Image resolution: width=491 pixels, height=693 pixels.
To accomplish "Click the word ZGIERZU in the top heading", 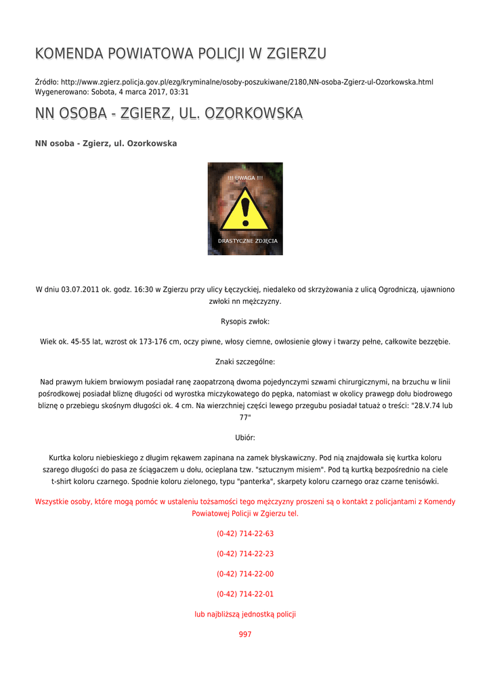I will pyautogui.click(x=297, y=53).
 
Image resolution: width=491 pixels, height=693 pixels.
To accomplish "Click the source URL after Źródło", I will pyautogui.click(x=247, y=82).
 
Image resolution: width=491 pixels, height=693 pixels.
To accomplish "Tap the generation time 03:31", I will pyautogui.click(x=179, y=92).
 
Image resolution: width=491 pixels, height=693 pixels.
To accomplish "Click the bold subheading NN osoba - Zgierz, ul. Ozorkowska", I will pyautogui.click(x=106, y=143).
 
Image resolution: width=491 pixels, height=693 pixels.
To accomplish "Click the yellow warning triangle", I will pyautogui.click(x=245, y=210).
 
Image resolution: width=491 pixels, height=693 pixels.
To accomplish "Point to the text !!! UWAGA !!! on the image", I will pyautogui.click(x=245, y=177).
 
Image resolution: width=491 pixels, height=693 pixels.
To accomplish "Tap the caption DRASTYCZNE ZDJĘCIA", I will pyautogui.click(x=247, y=241).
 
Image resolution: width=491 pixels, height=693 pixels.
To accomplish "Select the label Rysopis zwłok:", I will pyautogui.click(x=245, y=321).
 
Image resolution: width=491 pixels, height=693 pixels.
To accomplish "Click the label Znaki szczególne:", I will pyautogui.click(x=245, y=362).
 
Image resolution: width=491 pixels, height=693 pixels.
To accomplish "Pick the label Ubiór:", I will pyautogui.click(x=245, y=438).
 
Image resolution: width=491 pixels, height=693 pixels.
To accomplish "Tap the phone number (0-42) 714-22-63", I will pyautogui.click(x=245, y=533).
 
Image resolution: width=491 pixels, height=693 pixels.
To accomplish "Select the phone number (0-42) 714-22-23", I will pyautogui.click(x=245, y=554).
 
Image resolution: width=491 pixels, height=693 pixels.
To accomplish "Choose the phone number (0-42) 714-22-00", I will pyautogui.click(x=245, y=574).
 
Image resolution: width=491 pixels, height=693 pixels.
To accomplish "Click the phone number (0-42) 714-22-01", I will pyautogui.click(x=245, y=594).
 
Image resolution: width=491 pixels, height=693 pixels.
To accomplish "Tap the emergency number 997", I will pyautogui.click(x=245, y=635).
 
